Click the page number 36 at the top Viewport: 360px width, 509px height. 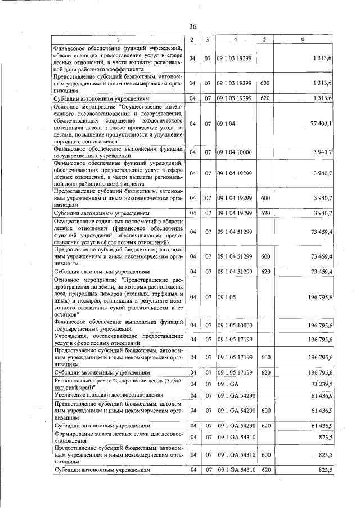tap(192, 26)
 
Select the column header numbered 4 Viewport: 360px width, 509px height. tap(236, 39)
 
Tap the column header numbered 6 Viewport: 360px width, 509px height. tap(303, 39)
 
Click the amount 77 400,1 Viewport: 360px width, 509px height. tap(320, 123)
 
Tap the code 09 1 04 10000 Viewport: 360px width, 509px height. tap(236, 152)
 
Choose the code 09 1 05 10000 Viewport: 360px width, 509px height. tap(236, 325)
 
